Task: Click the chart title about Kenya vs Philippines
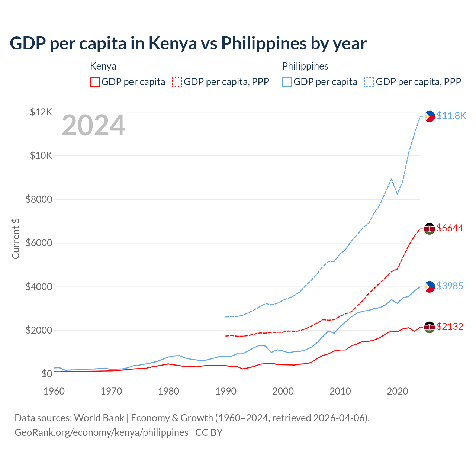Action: (x=188, y=44)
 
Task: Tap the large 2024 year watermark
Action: (x=93, y=126)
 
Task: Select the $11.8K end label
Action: (x=451, y=116)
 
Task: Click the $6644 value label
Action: (x=450, y=228)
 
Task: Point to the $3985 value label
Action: (x=450, y=286)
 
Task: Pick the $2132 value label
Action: (x=450, y=327)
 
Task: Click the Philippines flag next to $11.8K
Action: (x=430, y=116)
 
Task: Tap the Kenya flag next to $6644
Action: (x=430, y=229)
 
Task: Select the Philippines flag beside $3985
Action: (x=430, y=287)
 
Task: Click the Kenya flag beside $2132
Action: (x=430, y=327)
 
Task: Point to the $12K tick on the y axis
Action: (x=41, y=112)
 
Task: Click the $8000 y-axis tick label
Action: (x=39, y=199)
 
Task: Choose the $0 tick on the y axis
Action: (x=47, y=374)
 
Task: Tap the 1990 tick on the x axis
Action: (x=226, y=391)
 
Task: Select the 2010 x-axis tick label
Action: (x=340, y=391)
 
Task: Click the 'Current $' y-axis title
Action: (x=16, y=239)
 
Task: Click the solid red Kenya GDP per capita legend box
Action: (x=95, y=82)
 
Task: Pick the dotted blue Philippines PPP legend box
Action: (x=369, y=82)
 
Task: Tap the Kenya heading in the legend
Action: (x=103, y=66)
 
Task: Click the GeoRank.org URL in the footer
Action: (x=102, y=432)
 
